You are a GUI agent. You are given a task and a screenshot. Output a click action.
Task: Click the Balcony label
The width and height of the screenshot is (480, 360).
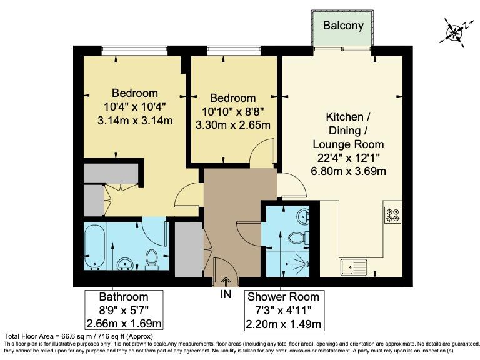coord(343,26)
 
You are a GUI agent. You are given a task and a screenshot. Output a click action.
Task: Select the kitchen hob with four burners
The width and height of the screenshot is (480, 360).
coord(393,215)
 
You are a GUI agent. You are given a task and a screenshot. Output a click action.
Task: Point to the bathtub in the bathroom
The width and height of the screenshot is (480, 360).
coord(96,247)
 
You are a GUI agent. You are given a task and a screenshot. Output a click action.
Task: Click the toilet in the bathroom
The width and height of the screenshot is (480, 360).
coord(152,259)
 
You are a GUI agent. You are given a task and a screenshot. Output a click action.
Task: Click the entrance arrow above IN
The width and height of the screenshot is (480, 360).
coord(226,282)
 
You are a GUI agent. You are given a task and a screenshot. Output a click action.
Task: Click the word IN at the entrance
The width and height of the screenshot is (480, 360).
coord(226,294)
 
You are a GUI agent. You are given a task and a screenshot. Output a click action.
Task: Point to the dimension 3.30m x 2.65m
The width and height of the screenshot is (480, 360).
coord(232,124)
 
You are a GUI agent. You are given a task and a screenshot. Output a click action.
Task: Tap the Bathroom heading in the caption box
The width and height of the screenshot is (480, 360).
coord(124,297)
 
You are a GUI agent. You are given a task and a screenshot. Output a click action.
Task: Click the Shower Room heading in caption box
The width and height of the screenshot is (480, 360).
coord(283,297)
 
